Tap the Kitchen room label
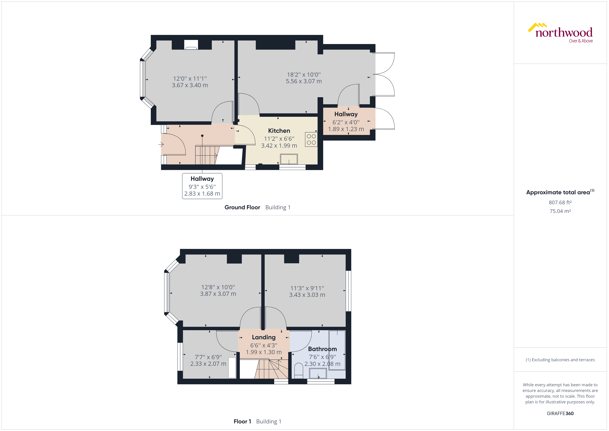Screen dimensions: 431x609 279,131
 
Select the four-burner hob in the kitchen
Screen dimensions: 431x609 311,139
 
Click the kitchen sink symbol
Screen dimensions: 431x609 289,159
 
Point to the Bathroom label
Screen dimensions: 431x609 322,349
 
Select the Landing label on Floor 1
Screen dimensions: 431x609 264,337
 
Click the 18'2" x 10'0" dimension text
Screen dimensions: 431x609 304,75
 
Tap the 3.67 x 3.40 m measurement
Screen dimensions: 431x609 190,85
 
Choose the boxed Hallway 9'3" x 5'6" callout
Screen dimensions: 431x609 202,186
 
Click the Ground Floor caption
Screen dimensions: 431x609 242,207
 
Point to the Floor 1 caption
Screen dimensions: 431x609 242,422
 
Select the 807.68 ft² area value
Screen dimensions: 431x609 560,203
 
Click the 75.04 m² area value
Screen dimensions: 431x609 560,211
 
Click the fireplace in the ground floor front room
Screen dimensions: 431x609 191,45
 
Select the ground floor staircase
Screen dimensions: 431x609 206,155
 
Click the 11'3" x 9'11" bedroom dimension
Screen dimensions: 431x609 307,288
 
